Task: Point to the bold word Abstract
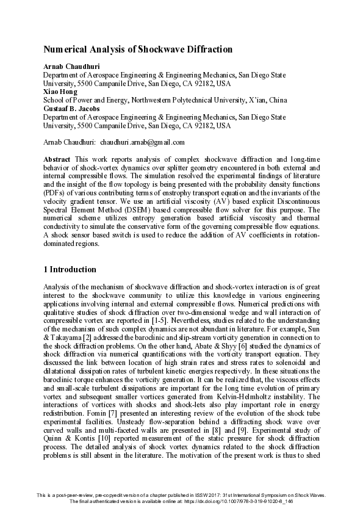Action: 57,158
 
